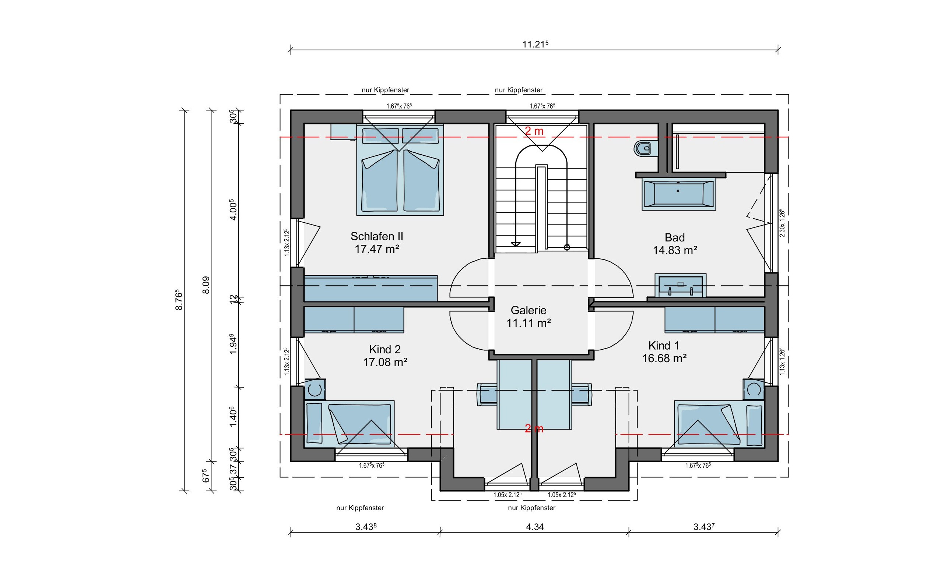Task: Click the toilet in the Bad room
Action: (x=643, y=148)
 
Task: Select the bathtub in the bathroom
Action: (x=678, y=194)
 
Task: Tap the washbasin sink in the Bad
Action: (x=680, y=286)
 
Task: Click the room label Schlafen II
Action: (x=376, y=236)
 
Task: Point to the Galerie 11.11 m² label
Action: (x=528, y=316)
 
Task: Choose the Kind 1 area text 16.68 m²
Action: (x=664, y=358)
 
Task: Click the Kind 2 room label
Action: (x=385, y=349)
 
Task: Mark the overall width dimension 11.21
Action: (x=535, y=44)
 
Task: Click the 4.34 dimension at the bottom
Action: (x=535, y=527)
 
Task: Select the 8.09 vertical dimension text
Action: (x=206, y=285)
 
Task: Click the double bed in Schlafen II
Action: (x=400, y=170)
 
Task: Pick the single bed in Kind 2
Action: (x=349, y=424)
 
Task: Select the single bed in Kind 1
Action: (x=719, y=424)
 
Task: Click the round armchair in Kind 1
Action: (x=754, y=389)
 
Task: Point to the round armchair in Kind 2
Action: (x=315, y=389)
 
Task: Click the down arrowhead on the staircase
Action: (x=516, y=244)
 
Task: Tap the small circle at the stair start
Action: (x=567, y=247)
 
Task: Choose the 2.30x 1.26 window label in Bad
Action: (x=782, y=223)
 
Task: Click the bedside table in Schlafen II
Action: (x=343, y=132)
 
